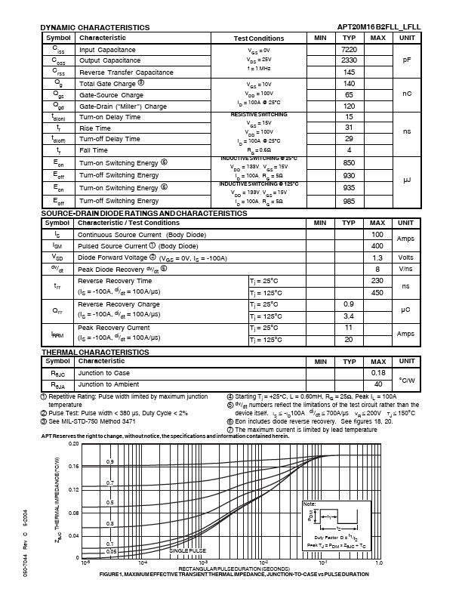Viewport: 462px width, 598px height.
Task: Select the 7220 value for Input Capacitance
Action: click(x=349, y=49)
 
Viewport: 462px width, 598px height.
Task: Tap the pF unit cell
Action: click(x=406, y=60)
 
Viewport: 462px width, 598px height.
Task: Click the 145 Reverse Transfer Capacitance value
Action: click(x=349, y=72)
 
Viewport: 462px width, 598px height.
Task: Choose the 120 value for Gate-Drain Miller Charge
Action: click(x=349, y=106)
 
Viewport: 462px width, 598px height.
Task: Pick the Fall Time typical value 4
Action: click(x=349, y=150)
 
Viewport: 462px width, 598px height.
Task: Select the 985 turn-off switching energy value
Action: click(x=349, y=200)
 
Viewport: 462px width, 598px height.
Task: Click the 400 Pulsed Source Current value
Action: click(x=377, y=245)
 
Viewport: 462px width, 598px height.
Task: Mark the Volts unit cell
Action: click(x=406, y=257)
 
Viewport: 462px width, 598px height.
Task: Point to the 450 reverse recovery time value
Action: click(x=377, y=292)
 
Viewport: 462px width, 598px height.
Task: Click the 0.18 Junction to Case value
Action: click(x=377, y=372)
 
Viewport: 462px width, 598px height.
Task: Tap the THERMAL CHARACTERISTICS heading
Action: click(x=94, y=352)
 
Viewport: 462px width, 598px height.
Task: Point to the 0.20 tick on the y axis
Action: click(x=73, y=444)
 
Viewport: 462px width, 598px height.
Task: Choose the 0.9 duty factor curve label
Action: click(x=110, y=461)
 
